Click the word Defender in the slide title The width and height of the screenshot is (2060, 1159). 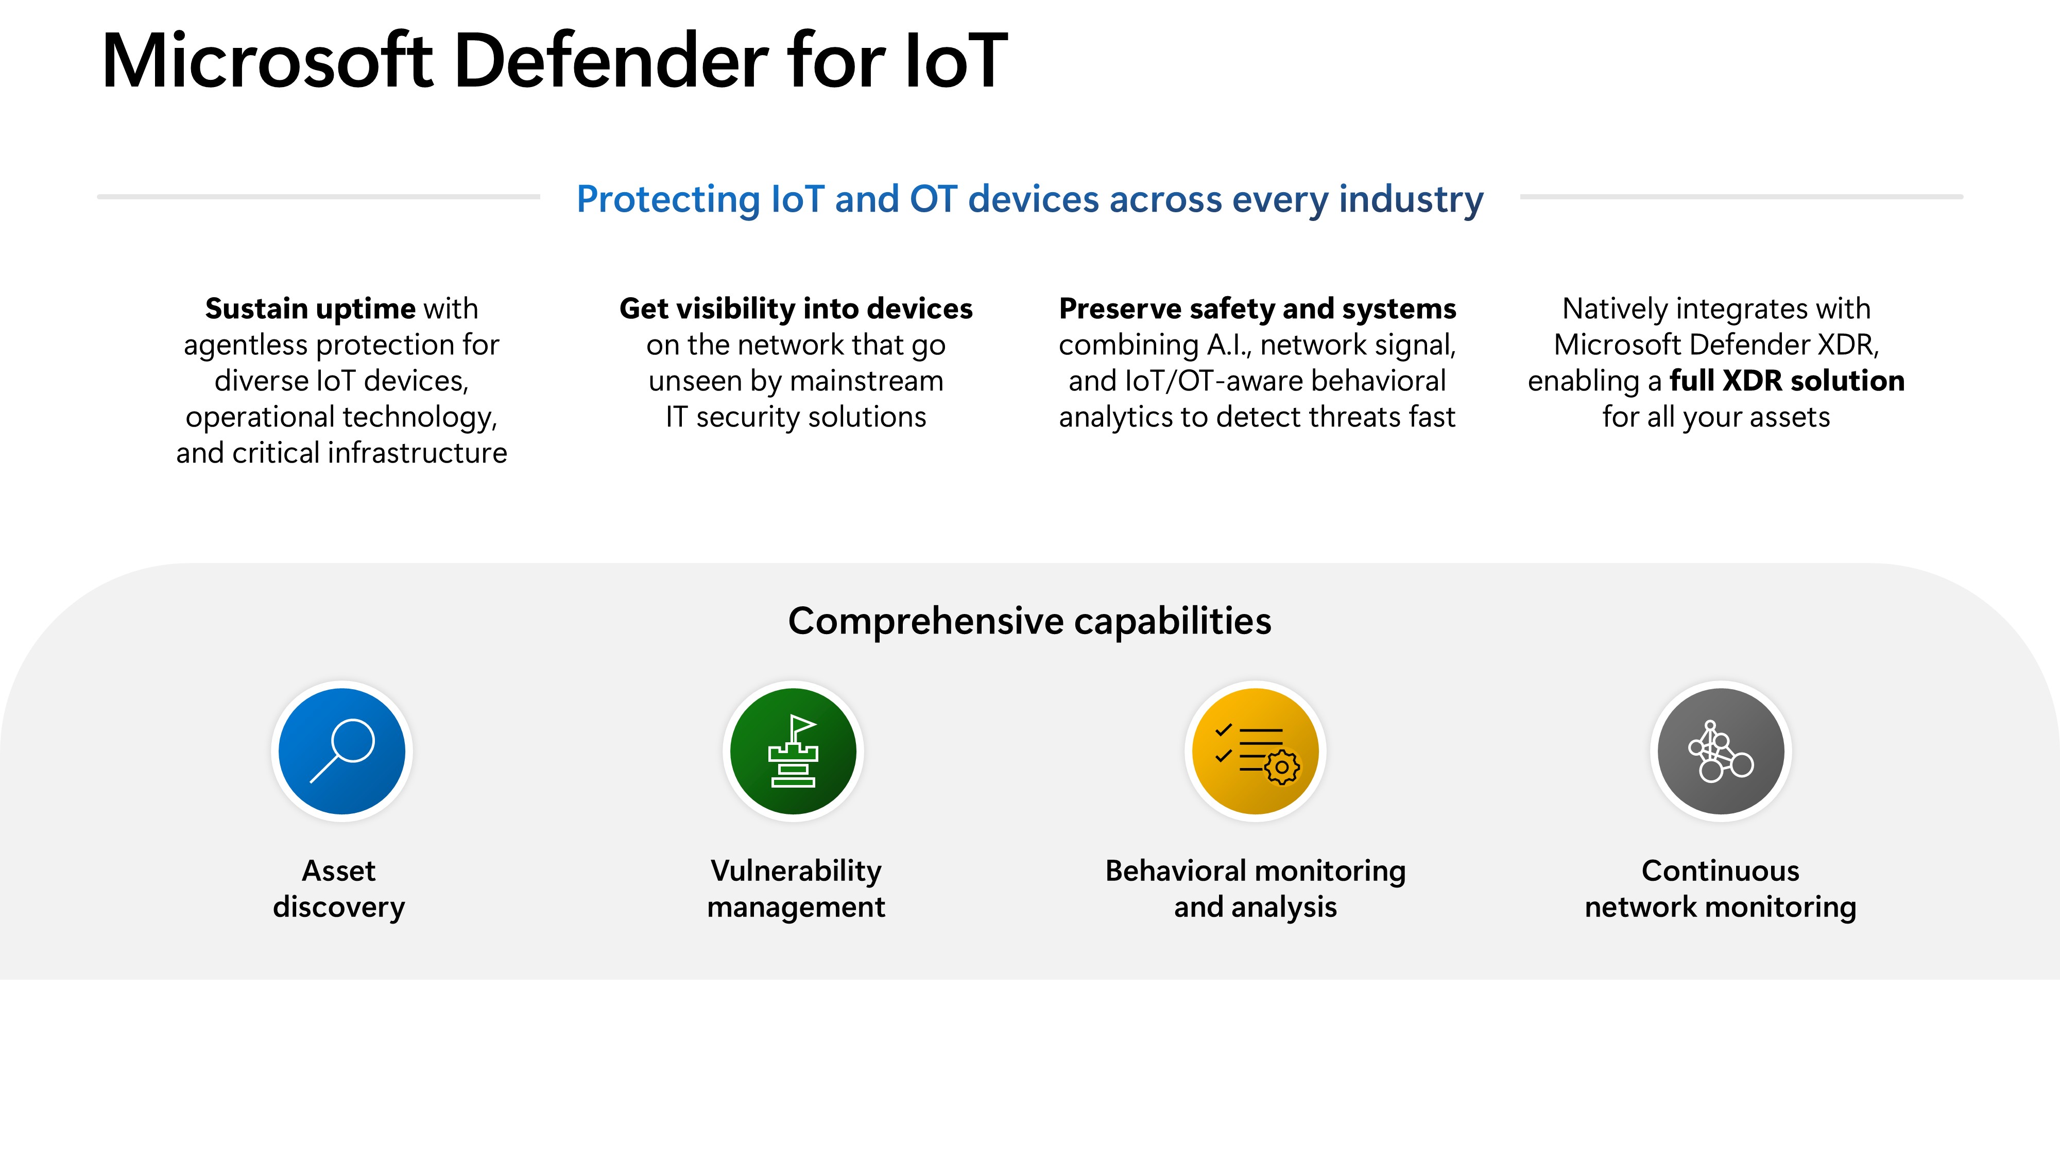pos(611,61)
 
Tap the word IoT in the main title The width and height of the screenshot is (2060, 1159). pos(956,61)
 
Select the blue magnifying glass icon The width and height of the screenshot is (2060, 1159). pos(342,751)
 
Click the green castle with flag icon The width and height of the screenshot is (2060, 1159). pos(793,751)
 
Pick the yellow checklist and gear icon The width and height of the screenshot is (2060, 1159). pos(1256,751)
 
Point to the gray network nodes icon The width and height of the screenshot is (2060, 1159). pos(1721,751)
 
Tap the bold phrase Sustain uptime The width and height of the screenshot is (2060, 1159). pos(310,309)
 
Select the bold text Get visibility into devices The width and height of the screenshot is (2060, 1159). pos(796,309)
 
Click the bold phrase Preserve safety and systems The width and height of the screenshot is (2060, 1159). pos(1257,309)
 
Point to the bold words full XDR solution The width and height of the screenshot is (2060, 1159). pos(1787,381)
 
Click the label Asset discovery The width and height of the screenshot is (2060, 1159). pos(339,889)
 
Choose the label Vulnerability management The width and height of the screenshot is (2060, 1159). pos(796,889)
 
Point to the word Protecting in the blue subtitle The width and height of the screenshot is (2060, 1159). pos(668,200)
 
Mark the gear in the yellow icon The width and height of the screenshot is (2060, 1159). pos(1282,767)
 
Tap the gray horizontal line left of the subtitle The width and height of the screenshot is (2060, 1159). pos(318,196)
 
